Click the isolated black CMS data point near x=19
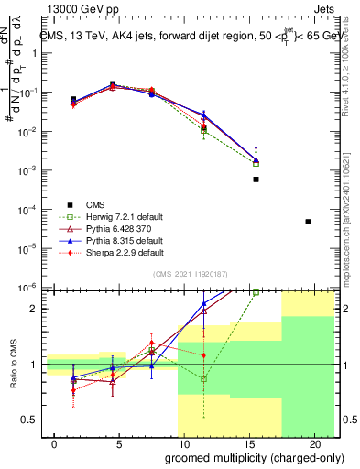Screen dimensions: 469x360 click(308, 222)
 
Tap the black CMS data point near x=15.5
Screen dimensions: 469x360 click(256, 180)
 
